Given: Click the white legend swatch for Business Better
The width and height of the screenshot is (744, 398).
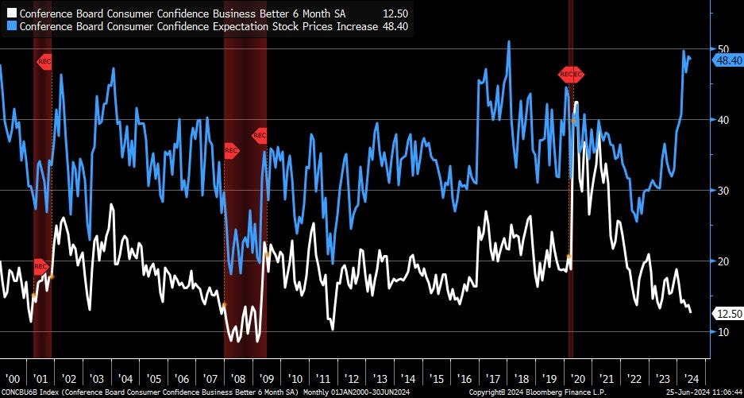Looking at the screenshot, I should point(12,13).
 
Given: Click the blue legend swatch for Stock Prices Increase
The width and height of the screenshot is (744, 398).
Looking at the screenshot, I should point(12,25).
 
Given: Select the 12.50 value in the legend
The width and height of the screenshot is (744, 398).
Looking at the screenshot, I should point(395,13).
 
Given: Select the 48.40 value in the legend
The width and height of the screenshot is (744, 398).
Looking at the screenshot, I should point(395,25).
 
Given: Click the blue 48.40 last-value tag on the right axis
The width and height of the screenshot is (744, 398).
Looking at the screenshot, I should point(727,60).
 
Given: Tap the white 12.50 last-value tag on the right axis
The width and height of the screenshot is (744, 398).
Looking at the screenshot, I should point(727,314).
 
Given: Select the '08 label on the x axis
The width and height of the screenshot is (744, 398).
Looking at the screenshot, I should point(239,378).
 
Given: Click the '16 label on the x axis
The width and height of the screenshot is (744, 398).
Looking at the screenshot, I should point(465,378).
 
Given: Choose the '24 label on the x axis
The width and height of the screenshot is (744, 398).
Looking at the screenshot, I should point(690,378).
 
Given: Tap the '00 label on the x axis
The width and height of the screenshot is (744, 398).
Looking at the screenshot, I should point(13,378).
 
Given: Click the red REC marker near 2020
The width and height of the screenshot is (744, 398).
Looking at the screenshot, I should point(571,75).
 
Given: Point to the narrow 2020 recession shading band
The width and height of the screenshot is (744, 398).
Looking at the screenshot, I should point(571,238).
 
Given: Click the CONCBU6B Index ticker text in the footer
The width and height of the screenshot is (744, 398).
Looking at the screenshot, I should point(32,392).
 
